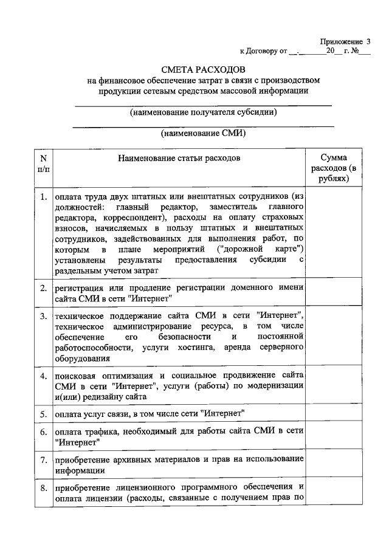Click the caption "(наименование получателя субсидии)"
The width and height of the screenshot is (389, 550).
204,112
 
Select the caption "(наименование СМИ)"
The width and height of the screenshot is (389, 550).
203,134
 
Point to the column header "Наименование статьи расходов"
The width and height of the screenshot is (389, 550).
179,158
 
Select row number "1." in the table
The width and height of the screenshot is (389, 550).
43,197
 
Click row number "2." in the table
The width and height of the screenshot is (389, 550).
43,287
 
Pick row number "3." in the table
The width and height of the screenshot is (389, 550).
43,317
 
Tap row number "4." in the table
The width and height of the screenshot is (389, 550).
43,376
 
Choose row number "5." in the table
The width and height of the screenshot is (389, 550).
43,414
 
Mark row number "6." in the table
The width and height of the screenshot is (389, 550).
43,432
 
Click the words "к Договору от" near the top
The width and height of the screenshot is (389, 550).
263,52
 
